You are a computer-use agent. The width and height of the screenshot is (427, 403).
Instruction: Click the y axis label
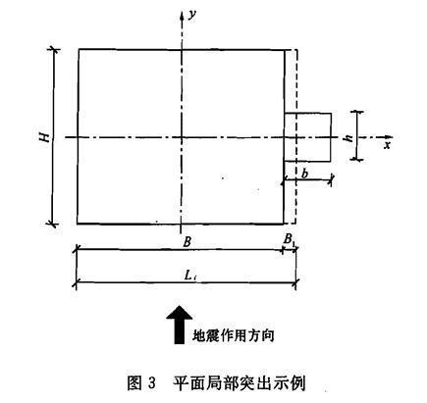[x=195, y=16]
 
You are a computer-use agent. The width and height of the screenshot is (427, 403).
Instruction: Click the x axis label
[x=387, y=145]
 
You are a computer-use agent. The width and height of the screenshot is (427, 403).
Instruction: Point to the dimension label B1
[x=289, y=239]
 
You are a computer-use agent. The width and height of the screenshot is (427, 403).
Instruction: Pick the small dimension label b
[x=308, y=172]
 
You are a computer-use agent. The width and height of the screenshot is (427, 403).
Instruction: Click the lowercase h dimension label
[x=347, y=137]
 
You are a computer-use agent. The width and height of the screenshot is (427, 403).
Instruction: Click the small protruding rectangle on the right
[x=308, y=136]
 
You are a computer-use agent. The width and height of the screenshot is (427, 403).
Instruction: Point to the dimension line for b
[x=308, y=180]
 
